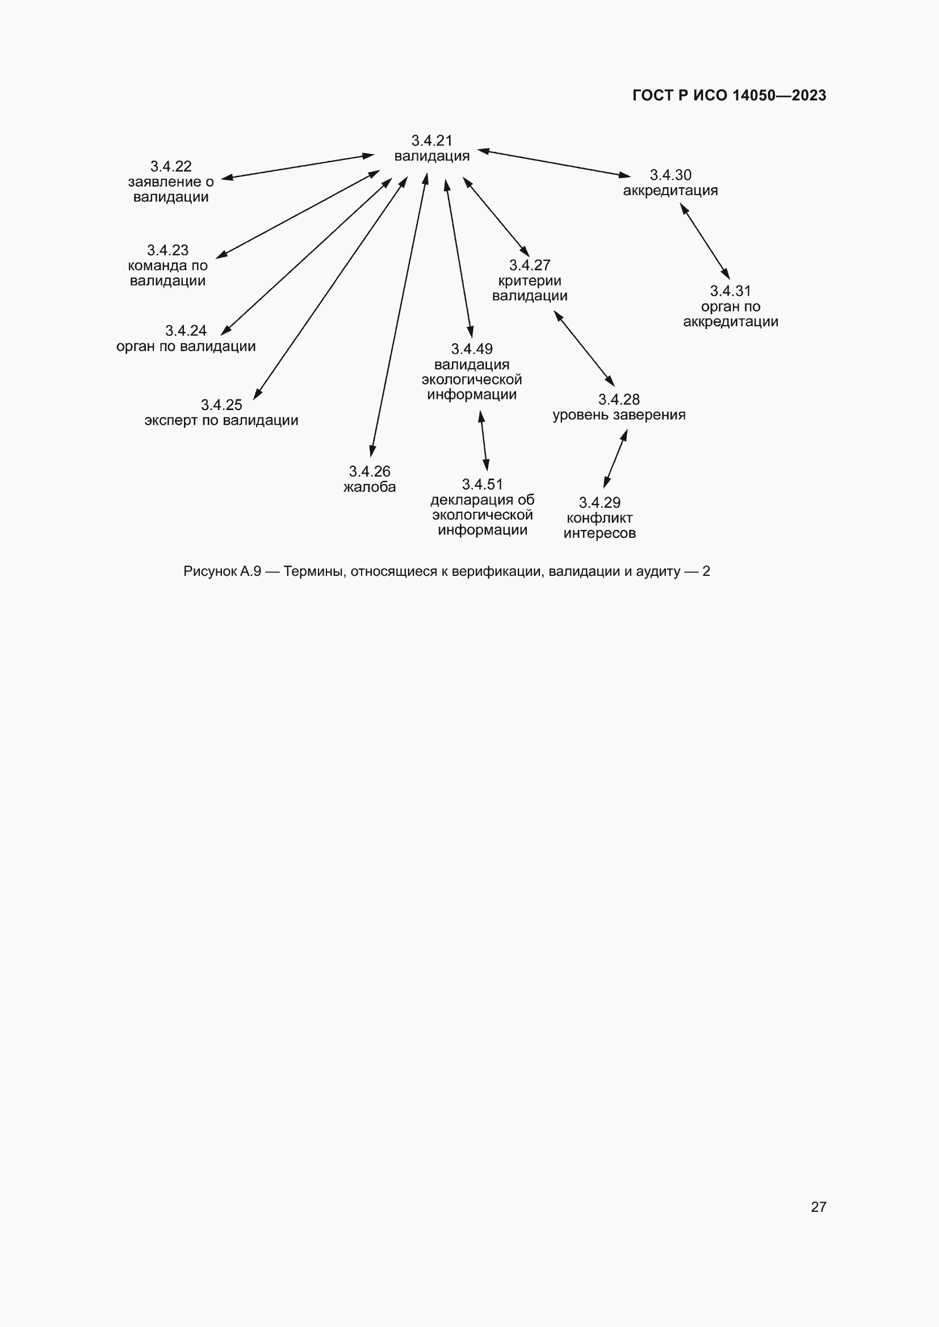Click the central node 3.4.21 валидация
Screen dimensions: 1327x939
[431, 149]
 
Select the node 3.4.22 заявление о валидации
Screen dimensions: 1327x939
[170, 182]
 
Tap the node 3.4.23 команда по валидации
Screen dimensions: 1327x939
[167, 266]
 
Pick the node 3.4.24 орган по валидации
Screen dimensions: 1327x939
[186, 339]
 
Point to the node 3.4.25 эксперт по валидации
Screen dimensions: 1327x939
[221, 412]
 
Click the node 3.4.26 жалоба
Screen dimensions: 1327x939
[370, 479]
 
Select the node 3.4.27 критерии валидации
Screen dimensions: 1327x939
[530, 280]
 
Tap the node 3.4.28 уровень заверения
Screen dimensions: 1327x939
[619, 407]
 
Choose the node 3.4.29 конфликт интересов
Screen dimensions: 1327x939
[600, 518]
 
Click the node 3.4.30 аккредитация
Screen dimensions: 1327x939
[670, 183]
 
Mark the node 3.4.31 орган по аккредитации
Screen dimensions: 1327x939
[730, 306]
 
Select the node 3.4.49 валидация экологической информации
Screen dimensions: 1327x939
[472, 372]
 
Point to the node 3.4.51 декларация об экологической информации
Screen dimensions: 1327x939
[482, 507]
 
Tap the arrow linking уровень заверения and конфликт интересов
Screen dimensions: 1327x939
[615, 460]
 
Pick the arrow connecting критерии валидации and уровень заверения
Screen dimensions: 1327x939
[584, 348]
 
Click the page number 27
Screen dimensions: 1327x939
[818, 1207]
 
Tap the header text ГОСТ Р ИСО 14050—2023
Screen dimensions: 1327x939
[729, 95]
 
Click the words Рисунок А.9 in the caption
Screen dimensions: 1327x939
[222, 572]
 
